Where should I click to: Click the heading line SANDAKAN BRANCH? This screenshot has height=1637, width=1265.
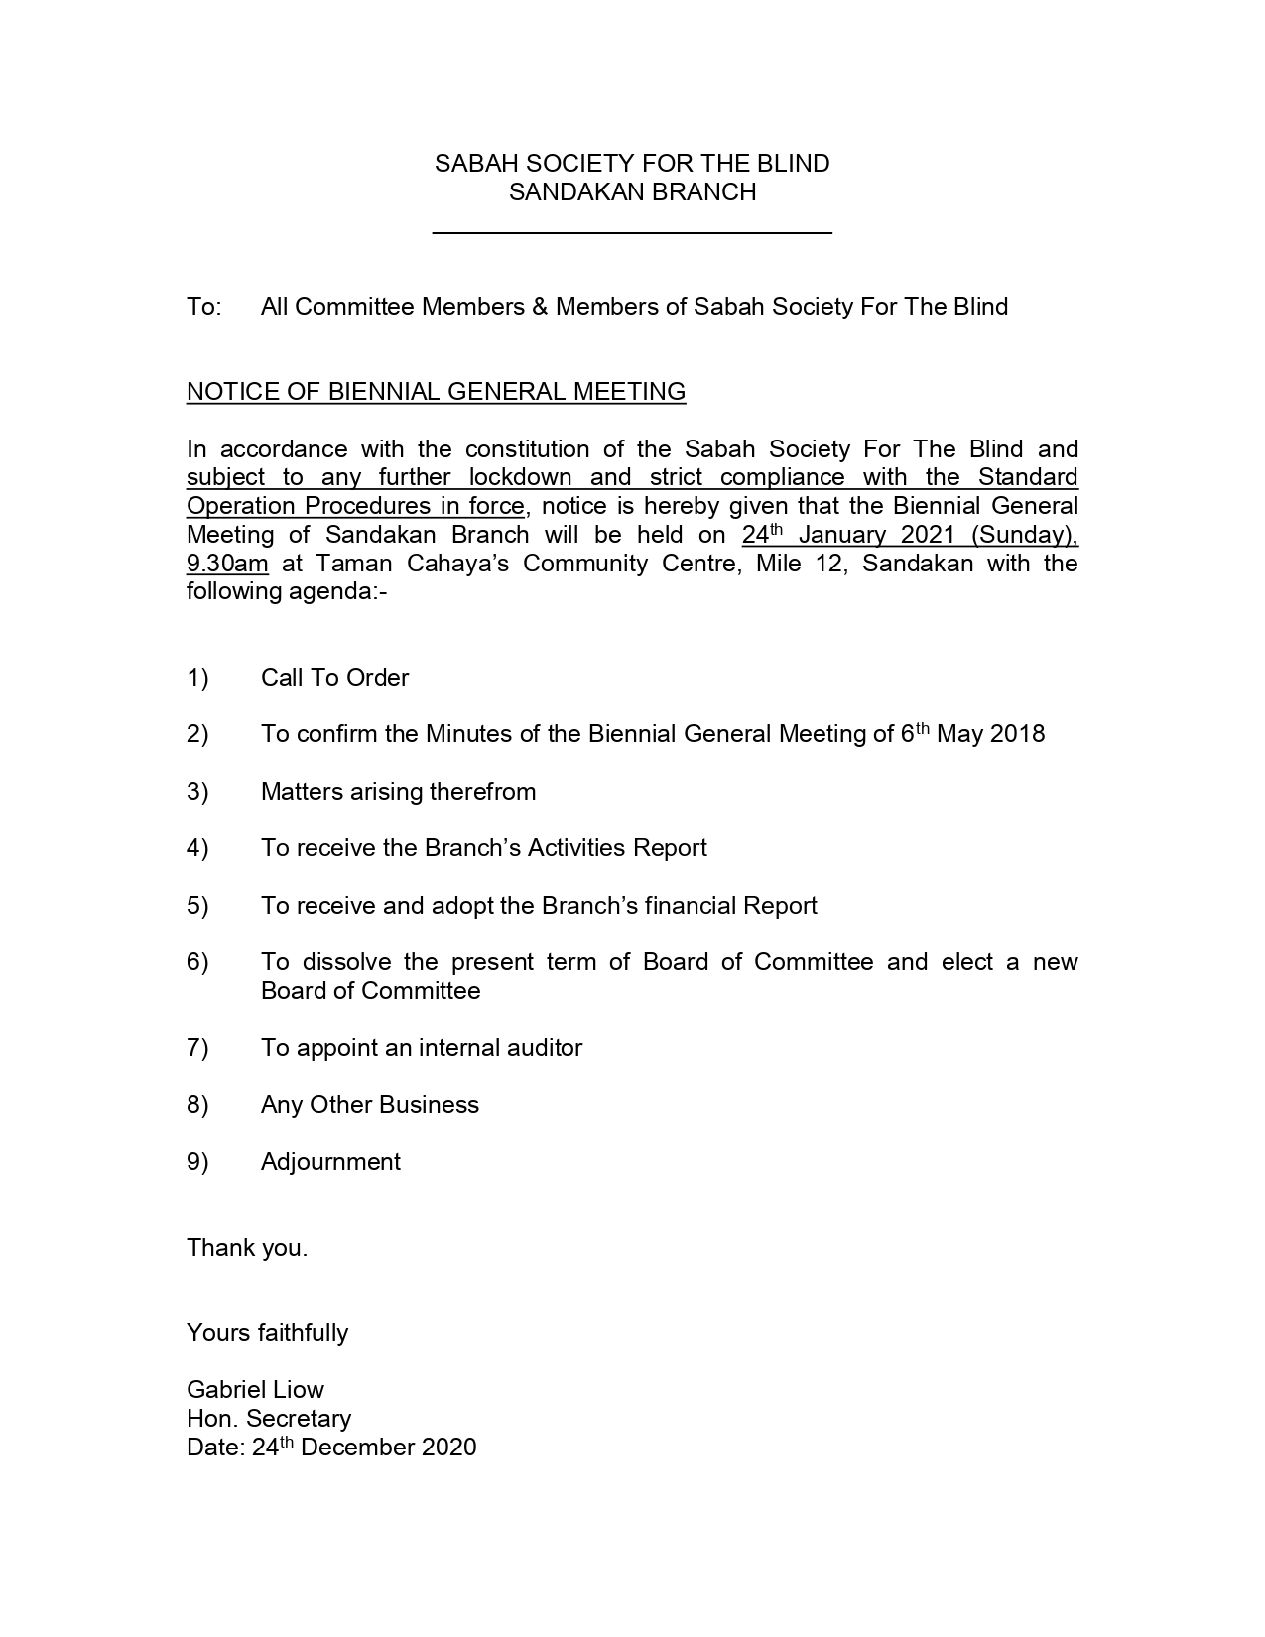[x=632, y=192]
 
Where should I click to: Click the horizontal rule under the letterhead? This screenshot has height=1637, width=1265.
[x=632, y=233]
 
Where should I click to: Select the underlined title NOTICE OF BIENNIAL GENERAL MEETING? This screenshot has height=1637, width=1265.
[x=436, y=392]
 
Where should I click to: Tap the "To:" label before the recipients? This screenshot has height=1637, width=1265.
[x=203, y=307]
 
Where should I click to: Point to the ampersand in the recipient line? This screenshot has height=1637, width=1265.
[x=540, y=307]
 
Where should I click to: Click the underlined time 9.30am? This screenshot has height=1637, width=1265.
[x=227, y=565]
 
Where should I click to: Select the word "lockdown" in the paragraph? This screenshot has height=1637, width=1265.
[x=520, y=478]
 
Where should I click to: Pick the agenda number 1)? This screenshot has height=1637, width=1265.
[x=197, y=678]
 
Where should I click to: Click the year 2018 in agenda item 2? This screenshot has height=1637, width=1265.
[x=1017, y=735]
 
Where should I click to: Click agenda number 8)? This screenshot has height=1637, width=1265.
[x=197, y=1105]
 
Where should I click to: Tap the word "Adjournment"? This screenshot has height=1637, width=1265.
[x=330, y=1162]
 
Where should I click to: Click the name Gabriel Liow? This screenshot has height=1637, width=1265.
[x=255, y=1390]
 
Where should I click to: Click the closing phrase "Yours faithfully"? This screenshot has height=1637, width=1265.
[x=267, y=1333]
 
